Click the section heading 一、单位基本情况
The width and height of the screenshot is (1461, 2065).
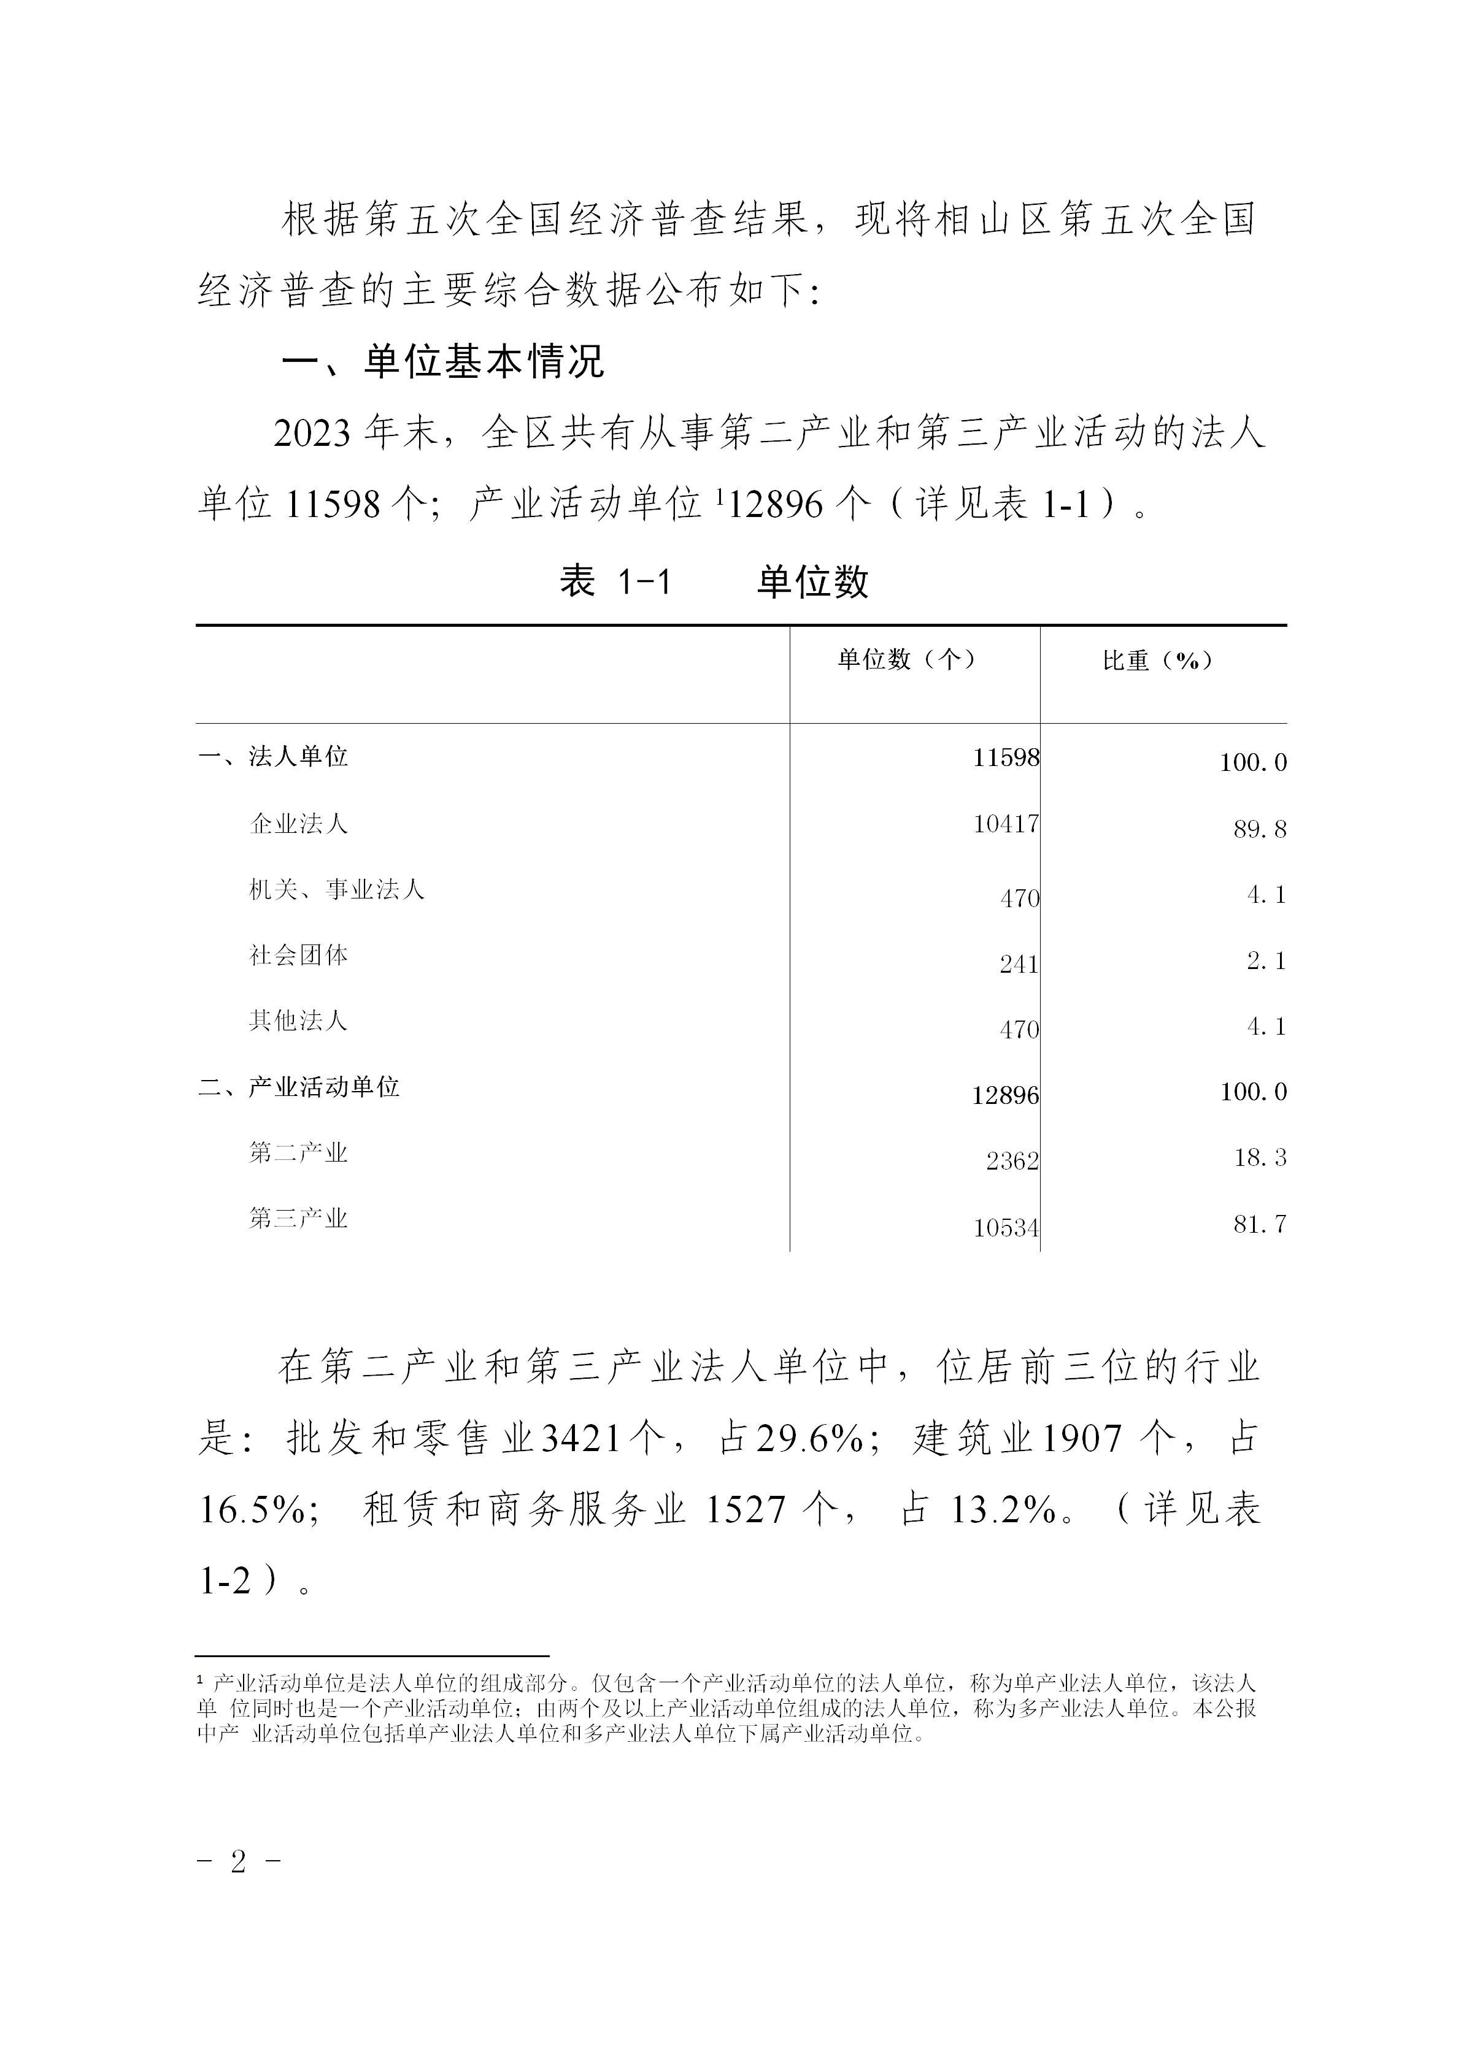[442, 362]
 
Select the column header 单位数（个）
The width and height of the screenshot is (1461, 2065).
[907, 659]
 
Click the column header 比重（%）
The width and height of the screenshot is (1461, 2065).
[1158, 660]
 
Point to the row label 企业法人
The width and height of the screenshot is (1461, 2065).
[298, 823]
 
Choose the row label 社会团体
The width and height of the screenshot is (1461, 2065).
[298, 955]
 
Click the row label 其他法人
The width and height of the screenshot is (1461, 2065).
[298, 1021]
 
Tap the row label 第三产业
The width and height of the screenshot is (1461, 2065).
[298, 1219]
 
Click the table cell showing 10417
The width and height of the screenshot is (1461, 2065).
[1006, 824]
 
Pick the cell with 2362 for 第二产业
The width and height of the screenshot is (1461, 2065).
[1012, 1161]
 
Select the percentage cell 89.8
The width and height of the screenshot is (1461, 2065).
[1260, 829]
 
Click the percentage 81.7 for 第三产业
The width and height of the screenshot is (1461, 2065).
[1260, 1224]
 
